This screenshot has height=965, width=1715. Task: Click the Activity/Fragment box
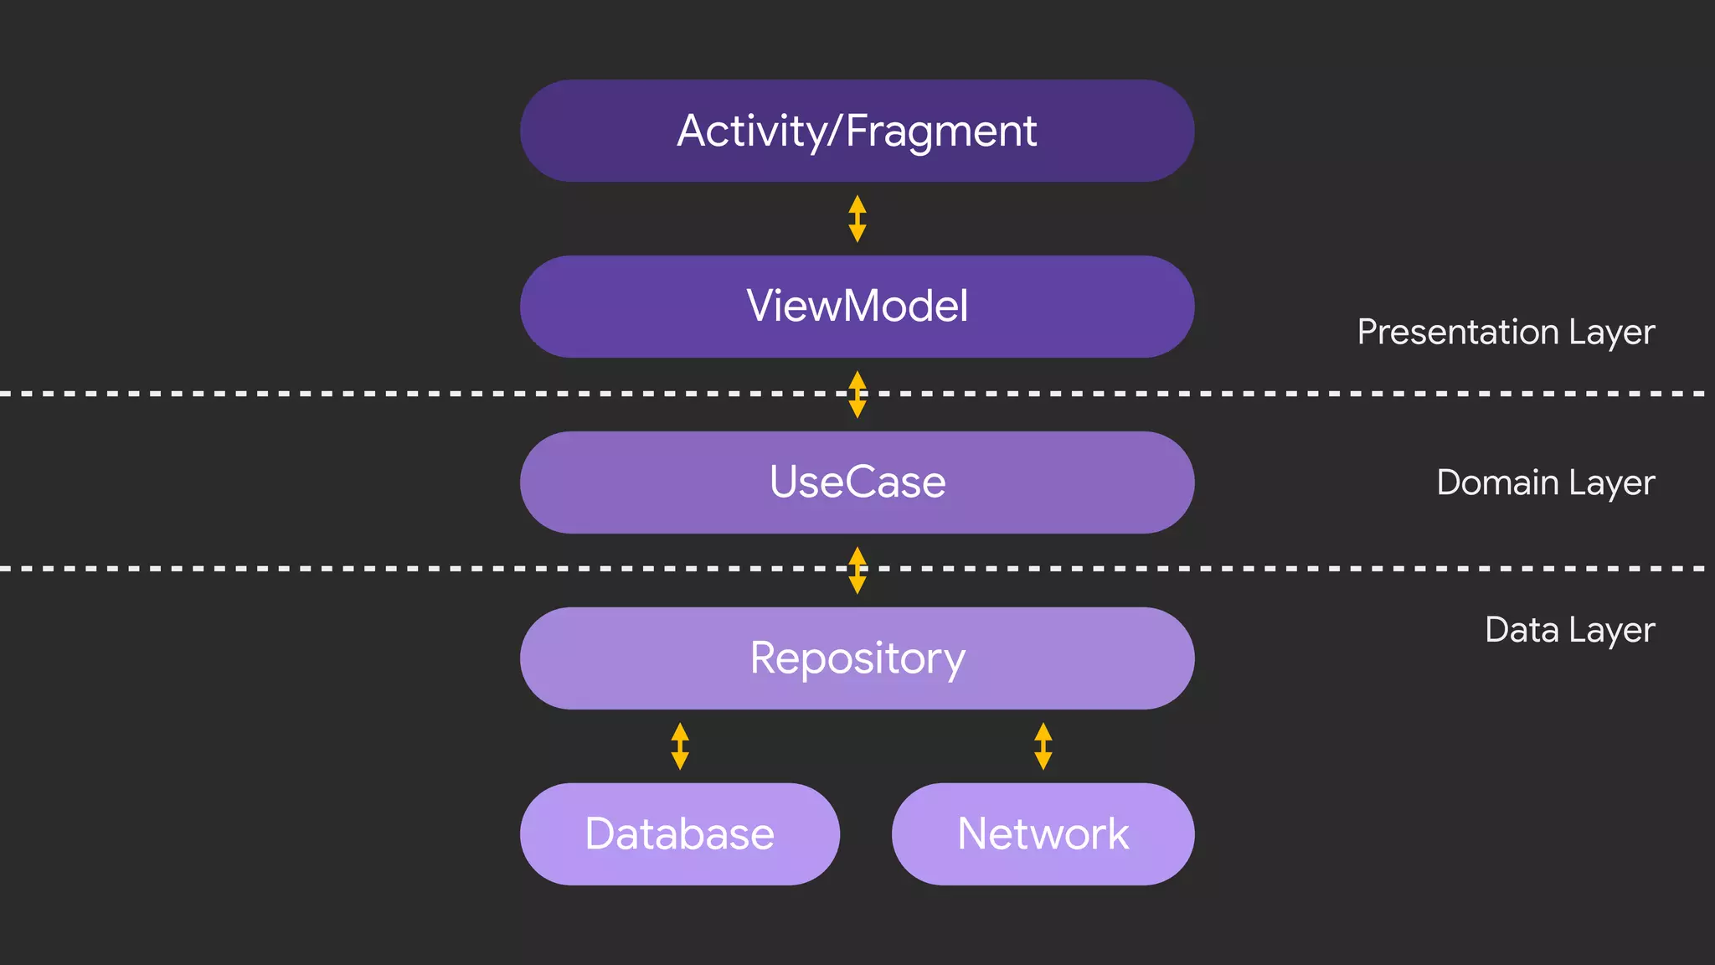[x=857, y=132]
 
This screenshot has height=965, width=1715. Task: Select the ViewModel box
[x=857, y=307]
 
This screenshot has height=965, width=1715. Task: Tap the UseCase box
[x=857, y=482]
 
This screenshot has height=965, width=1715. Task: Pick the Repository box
[x=857, y=658]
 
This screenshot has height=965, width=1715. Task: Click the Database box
[x=679, y=834]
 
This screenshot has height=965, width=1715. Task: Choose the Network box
[x=1043, y=834]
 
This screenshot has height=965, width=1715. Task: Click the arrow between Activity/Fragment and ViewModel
[x=857, y=219]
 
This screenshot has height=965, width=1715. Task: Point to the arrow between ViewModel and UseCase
[x=857, y=395]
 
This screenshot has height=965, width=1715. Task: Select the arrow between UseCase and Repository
[x=857, y=570]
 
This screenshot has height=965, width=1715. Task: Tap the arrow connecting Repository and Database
[x=680, y=746]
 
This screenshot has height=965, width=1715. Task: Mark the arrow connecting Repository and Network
[x=1043, y=746]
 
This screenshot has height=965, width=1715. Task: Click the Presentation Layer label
[x=1505, y=333]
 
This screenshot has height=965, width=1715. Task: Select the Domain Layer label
[x=1545, y=483]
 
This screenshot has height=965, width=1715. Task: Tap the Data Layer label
[x=1569, y=630]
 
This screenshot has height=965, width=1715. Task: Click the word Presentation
[x=1457, y=333]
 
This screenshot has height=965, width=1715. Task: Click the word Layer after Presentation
[x=1611, y=333]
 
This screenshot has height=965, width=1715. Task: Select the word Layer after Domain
[x=1611, y=483]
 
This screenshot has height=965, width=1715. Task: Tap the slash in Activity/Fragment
[x=836, y=132]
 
